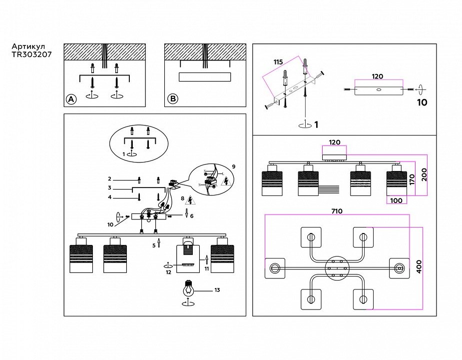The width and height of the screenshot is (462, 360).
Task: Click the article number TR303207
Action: pyautogui.click(x=31, y=55)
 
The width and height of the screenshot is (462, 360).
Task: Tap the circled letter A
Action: pyautogui.click(x=71, y=99)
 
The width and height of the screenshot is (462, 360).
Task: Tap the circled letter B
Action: pyautogui.click(x=172, y=99)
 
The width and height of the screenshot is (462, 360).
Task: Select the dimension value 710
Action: pyautogui.click(x=337, y=211)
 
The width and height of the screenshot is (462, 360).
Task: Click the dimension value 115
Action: pyautogui.click(x=278, y=62)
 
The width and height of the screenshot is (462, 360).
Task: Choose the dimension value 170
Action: pyautogui.click(x=413, y=179)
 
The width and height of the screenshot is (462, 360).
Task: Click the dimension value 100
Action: pyautogui.click(x=397, y=200)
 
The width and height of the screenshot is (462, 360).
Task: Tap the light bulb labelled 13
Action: pyautogui.click(x=189, y=288)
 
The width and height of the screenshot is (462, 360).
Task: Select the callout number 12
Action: pyautogui.click(x=168, y=272)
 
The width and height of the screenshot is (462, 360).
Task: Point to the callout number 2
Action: pyautogui.click(x=109, y=178)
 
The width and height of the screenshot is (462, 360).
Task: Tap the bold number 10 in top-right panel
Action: pyautogui.click(x=422, y=102)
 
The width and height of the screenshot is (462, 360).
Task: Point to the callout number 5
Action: pyautogui.click(x=154, y=245)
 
